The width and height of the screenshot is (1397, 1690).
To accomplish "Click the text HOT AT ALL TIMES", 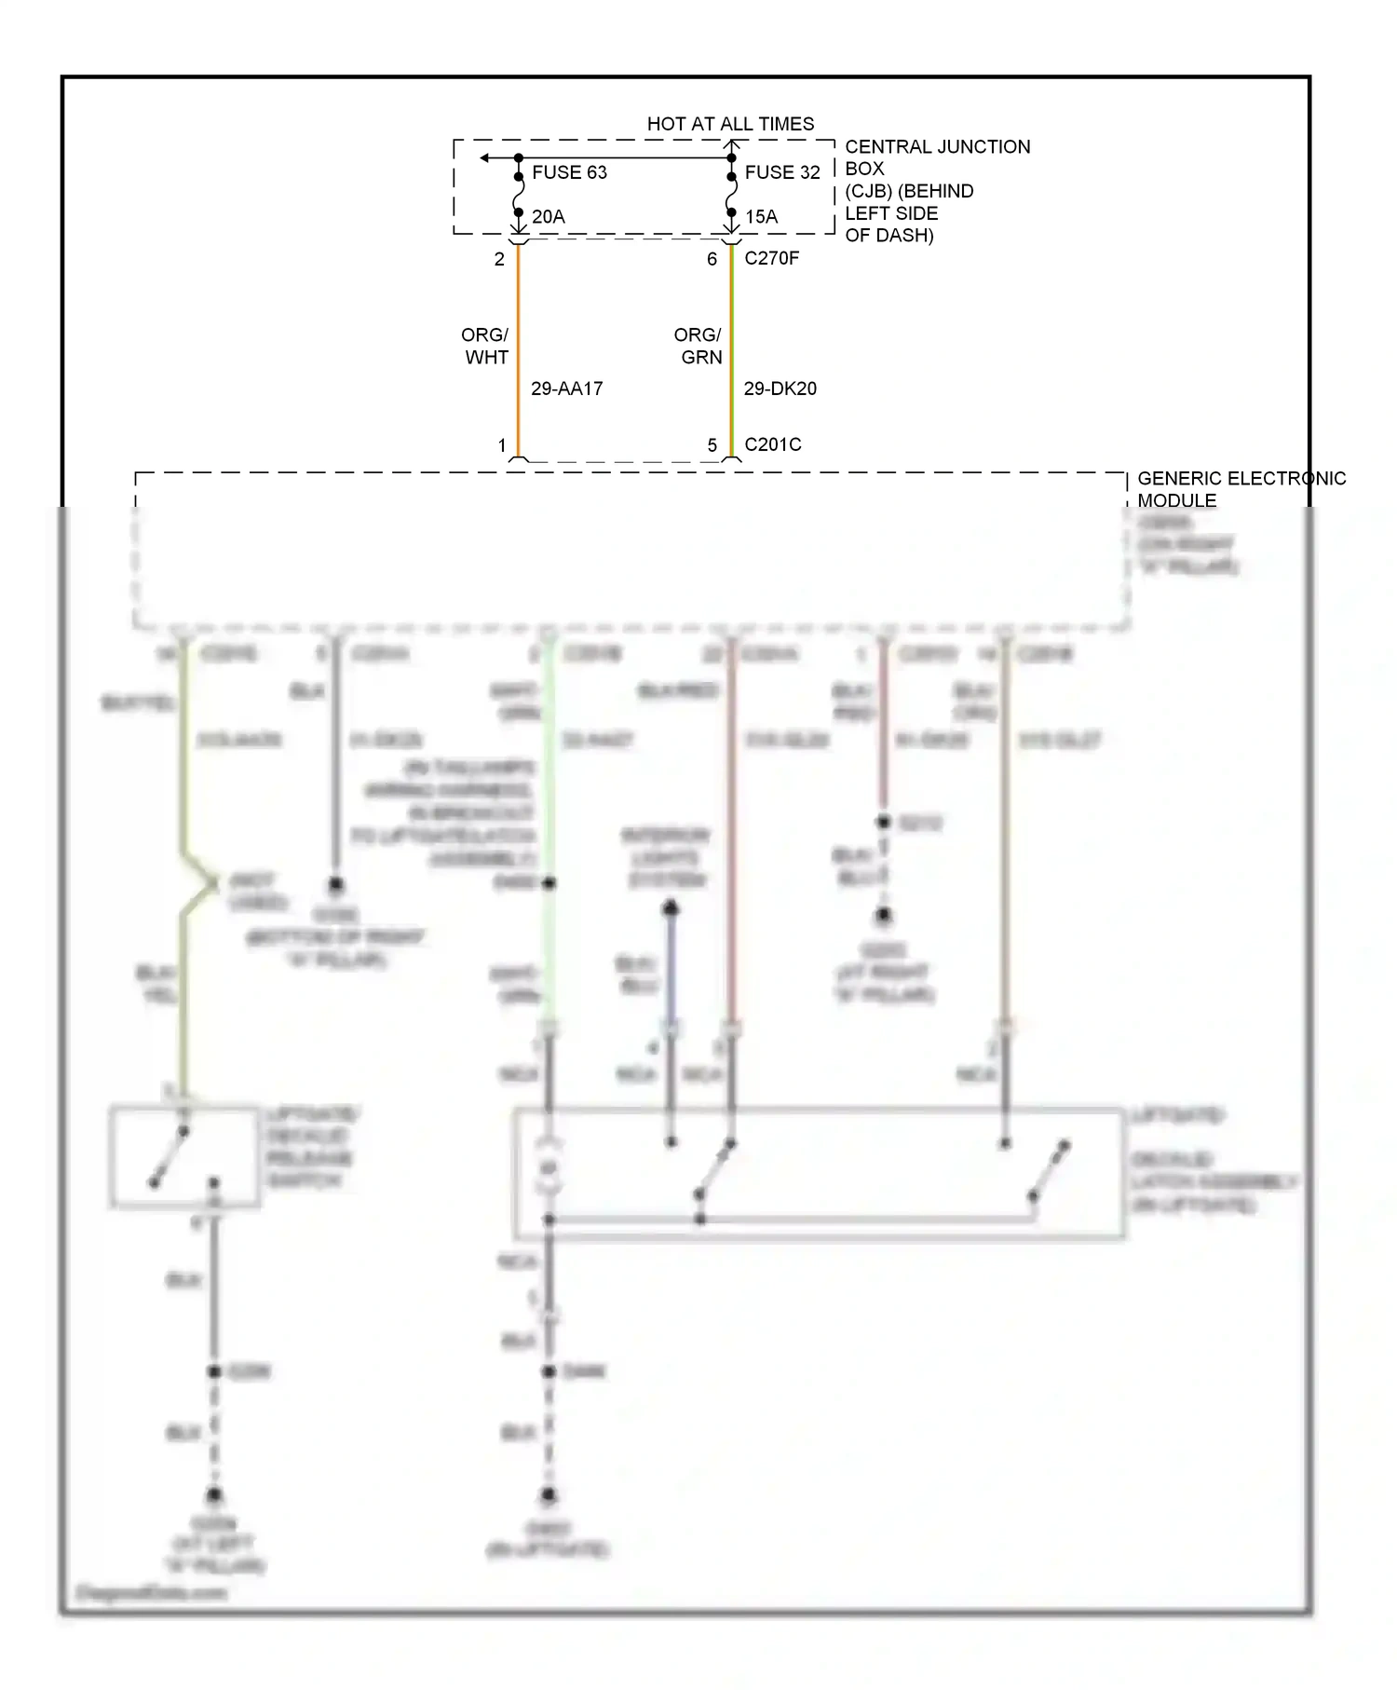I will (x=730, y=124).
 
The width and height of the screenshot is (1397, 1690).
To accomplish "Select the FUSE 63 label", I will (x=569, y=172).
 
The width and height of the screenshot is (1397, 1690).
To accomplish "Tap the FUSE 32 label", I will (x=782, y=172).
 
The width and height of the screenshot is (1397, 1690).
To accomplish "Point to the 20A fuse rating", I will (x=549, y=217).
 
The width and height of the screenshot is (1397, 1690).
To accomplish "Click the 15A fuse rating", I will (x=761, y=217).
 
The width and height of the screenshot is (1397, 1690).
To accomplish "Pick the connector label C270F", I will (x=771, y=258).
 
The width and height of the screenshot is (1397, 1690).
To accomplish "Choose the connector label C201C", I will (x=772, y=444).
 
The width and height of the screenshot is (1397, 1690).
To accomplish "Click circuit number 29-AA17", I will (x=566, y=388).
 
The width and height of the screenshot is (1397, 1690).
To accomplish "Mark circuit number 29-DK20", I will (x=780, y=388).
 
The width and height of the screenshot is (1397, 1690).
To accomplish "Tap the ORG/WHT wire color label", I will (x=485, y=346).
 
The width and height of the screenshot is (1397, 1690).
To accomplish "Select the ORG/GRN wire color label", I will (x=698, y=346).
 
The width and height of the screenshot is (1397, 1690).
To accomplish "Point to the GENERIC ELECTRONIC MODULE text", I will (x=1241, y=489).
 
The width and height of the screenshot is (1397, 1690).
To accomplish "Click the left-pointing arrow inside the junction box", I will (x=486, y=158).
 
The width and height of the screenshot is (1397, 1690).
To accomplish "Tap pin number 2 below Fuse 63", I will (x=499, y=260).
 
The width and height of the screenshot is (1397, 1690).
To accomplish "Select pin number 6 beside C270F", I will (x=712, y=260).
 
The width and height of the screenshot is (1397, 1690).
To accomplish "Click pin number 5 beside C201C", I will (x=712, y=445).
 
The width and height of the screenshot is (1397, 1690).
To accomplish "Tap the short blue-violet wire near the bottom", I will (x=671, y=969).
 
